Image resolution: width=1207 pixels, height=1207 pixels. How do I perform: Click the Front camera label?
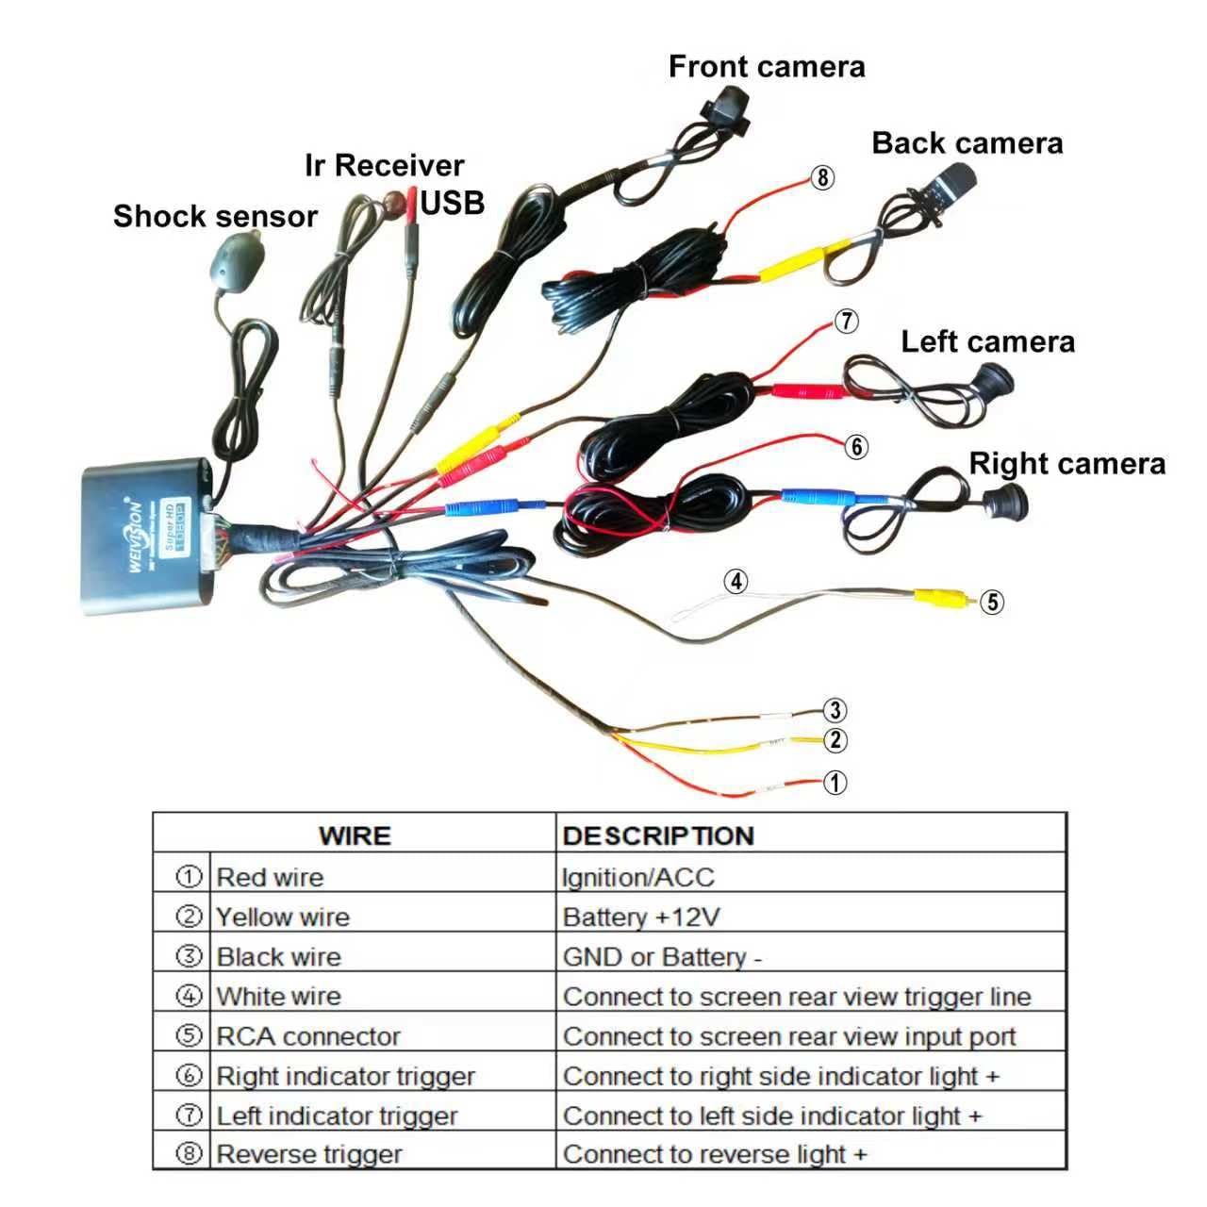(766, 66)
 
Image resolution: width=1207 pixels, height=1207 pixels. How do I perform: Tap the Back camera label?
(967, 142)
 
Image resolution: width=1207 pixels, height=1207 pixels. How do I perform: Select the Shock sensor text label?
(215, 216)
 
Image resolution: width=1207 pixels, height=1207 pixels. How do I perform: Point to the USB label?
(452, 203)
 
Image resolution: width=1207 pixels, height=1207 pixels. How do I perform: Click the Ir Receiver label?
(384, 165)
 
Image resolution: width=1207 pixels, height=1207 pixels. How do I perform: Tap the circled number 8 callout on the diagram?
(822, 177)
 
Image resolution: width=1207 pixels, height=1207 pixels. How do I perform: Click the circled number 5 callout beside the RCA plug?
(991, 602)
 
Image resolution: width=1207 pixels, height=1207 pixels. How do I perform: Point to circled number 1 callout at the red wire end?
(835, 782)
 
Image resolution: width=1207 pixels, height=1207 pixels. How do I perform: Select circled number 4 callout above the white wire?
(736, 581)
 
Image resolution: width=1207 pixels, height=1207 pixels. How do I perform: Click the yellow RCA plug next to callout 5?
(945, 598)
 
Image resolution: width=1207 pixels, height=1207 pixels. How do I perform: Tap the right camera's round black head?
(1004, 502)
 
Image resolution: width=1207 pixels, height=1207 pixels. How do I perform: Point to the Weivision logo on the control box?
(135, 535)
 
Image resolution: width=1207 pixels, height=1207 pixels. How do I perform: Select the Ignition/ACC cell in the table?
(637, 877)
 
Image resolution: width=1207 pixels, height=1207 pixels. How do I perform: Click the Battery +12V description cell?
(641, 917)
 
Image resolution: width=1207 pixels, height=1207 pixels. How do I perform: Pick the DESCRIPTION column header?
(657, 835)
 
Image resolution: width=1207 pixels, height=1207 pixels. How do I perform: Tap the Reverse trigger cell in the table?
(308, 1154)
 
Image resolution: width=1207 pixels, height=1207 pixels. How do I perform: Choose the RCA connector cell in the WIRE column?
(307, 1036)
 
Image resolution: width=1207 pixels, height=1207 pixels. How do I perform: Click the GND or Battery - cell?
(661, 956)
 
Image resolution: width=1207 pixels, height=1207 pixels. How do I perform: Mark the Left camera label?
(987, 342)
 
